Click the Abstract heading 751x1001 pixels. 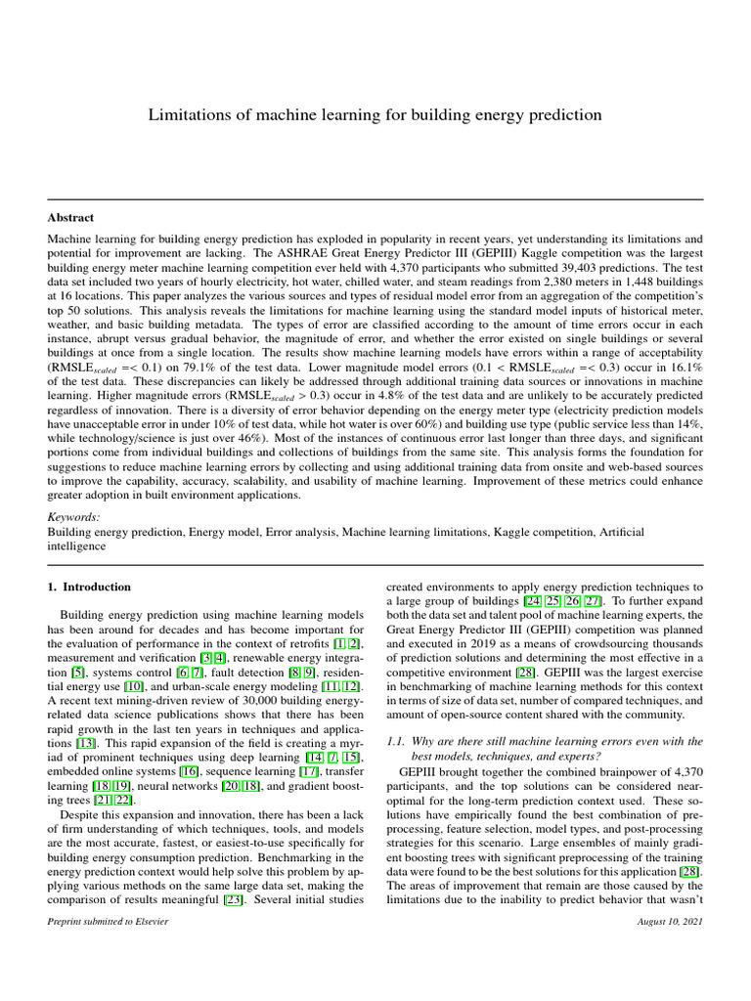71,218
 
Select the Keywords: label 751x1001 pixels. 74,515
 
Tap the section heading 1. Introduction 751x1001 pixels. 89,588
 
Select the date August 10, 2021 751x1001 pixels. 669,921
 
